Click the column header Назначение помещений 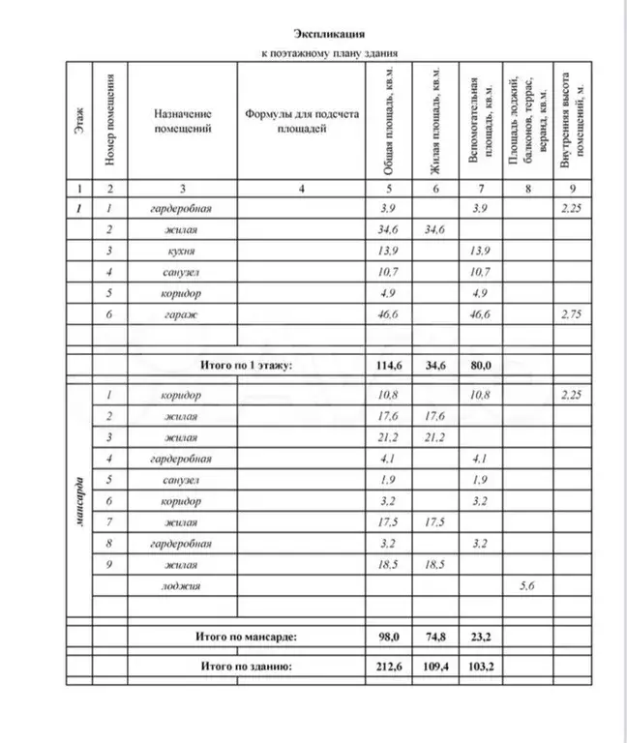[x=182, y=120]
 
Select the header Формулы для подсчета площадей [x=301, y=120]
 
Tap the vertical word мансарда [x=78, y=501]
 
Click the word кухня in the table [x=181, y=251]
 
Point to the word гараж [x=181, y=315]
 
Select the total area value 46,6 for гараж [x=384, y=315]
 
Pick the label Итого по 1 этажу [x=245, y=366]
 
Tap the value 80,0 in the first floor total [x=480, y=366]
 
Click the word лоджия [x=181, y=585]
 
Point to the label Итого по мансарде [x=245, y=637]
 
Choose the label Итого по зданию [x=245, y=667]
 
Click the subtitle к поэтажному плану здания [x=331, y=54]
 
